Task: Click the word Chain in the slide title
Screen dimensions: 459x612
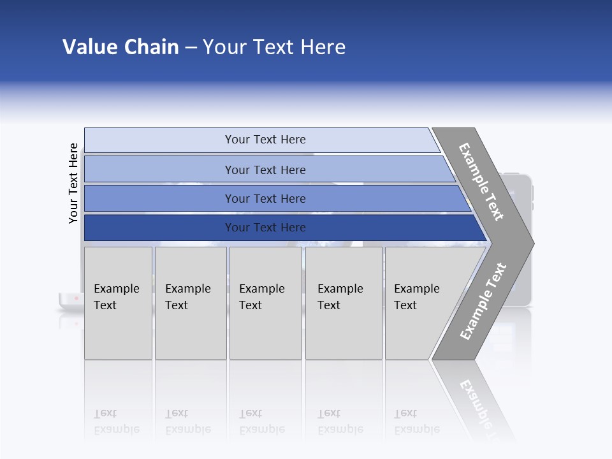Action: (150, 47)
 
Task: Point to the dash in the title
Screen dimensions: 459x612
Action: (191, 48)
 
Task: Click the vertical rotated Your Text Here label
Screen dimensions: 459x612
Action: (73, 183)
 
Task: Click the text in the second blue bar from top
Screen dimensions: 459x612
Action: (265, 170)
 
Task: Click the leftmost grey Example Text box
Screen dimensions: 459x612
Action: (118, 303)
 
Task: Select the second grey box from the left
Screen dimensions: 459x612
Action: (190, 303)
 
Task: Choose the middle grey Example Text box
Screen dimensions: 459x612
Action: (265, 303)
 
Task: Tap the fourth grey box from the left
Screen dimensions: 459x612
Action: (343, 303)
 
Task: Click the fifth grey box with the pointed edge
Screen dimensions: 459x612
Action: (421, 303)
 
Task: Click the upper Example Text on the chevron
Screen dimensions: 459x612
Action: (481, 182)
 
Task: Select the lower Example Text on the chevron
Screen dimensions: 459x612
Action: (483, 302)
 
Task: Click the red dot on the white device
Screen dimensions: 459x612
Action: (76, 298)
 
